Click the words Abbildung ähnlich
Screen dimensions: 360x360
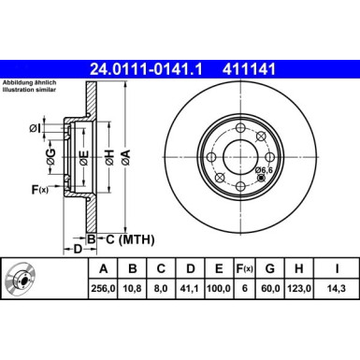click(27, 82)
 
